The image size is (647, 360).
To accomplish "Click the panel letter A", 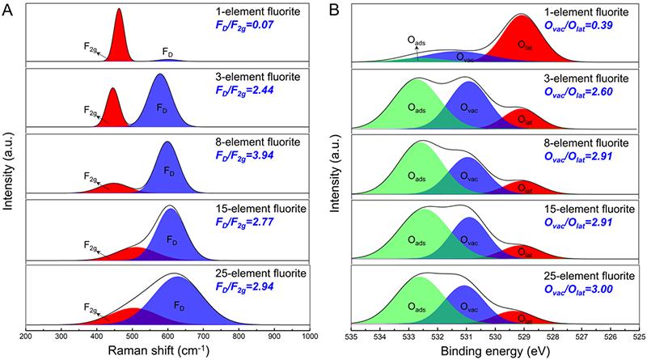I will click(7, 9).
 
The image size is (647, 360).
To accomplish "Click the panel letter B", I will click(334, 9).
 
